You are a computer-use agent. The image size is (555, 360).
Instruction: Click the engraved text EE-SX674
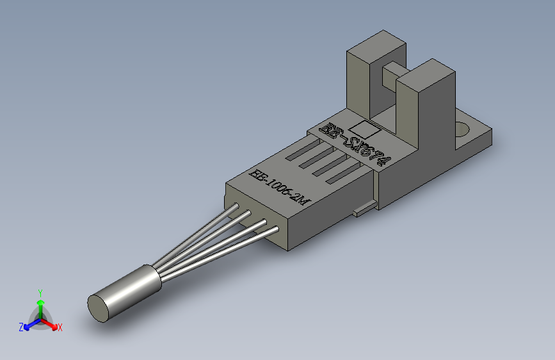pos(355,143)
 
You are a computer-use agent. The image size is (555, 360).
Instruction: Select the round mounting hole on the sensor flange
pos(463,129)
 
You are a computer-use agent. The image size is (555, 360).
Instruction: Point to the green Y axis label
pos(40,291)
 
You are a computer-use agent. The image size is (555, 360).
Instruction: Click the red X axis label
pos(60,328)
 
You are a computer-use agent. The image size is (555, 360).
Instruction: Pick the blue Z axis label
pos(21,327)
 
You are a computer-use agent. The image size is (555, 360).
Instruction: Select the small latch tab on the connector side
pos(363,208)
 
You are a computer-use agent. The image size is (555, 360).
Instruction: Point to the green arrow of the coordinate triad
pos(40,304)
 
